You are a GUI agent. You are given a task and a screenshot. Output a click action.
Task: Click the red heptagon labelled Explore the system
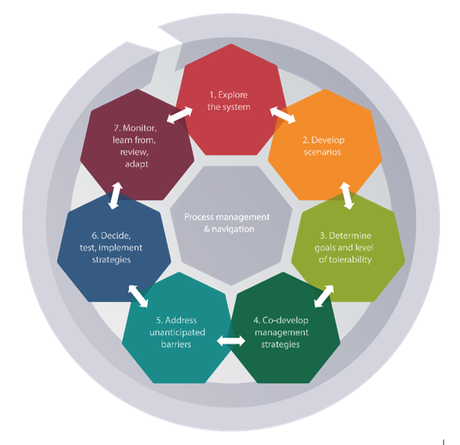[231, 101]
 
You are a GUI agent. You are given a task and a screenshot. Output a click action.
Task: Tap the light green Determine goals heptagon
[348, 248]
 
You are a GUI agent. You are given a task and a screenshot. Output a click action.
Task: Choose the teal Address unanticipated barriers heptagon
[178, 329]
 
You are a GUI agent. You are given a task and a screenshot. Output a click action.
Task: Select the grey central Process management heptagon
[231, 225]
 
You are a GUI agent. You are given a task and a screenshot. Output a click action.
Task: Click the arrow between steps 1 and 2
[283, 115]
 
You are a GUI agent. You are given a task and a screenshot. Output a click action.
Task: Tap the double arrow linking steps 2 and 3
[346, 196]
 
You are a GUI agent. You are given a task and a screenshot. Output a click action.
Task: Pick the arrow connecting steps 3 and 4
[324, 296]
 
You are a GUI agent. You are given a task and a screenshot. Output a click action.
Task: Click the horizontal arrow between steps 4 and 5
[231, 341]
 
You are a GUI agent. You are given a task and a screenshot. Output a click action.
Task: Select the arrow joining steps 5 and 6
[138, 296]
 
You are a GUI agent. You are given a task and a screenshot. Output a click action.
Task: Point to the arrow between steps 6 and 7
[115, 196]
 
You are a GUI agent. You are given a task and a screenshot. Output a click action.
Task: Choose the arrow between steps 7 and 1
[180, 115]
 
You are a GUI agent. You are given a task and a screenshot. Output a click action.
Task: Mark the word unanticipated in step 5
[177, 332]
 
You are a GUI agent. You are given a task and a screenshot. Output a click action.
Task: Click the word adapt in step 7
[137, 164]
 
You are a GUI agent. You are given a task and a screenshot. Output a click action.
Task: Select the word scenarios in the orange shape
[323, 152]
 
